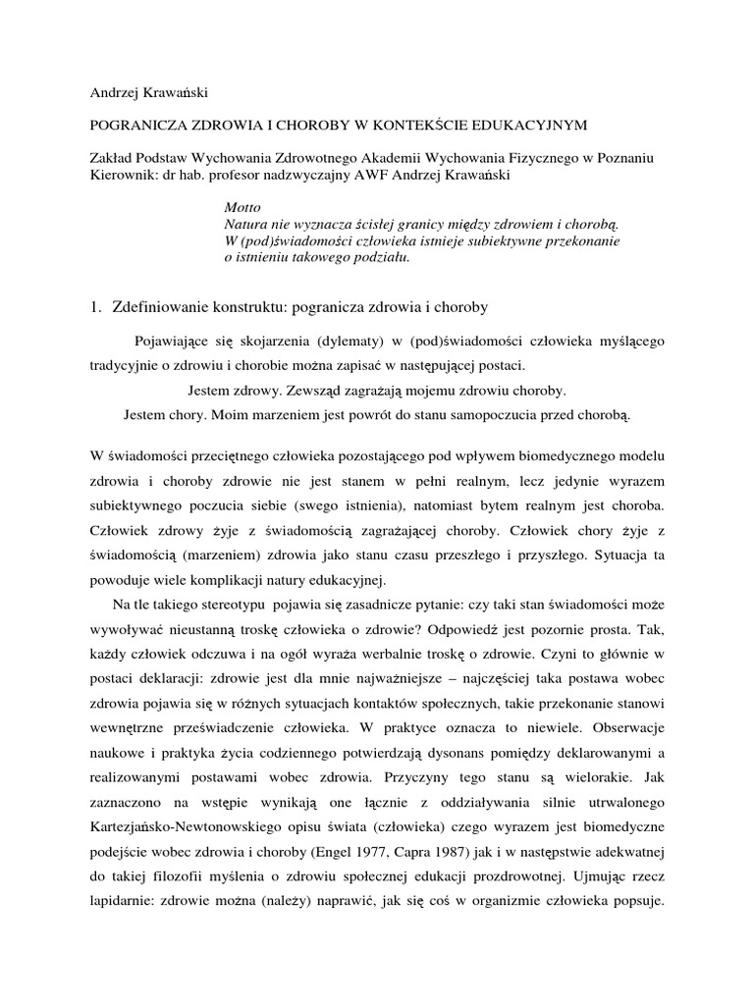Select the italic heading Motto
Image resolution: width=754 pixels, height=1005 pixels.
242,209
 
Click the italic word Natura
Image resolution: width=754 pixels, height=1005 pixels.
246,226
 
